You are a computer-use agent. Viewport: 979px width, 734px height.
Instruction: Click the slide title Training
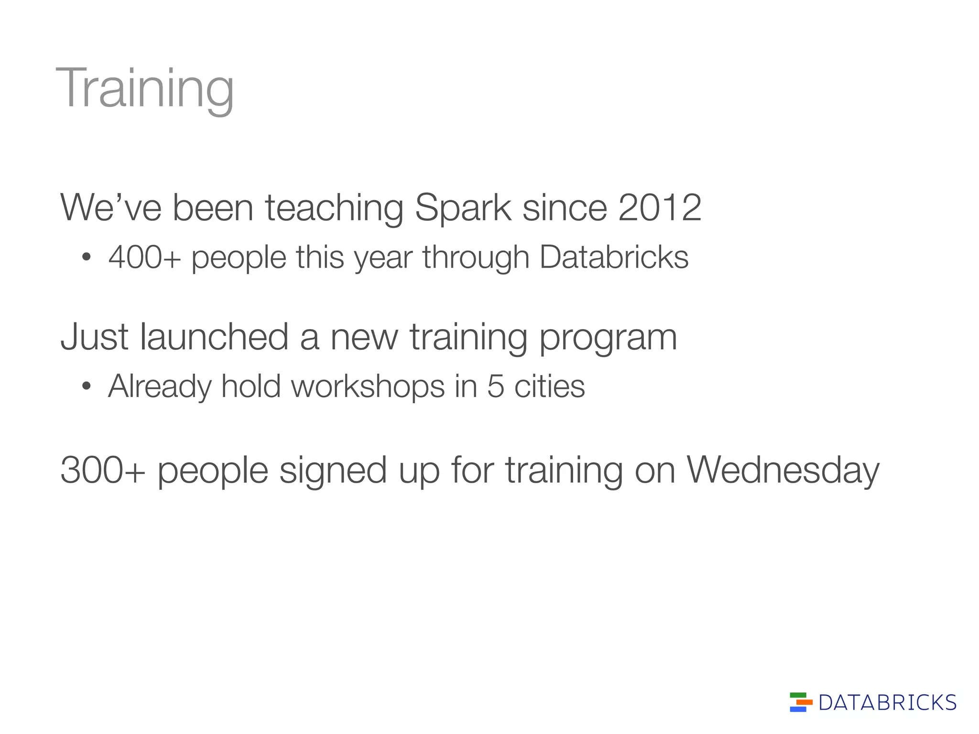click(x=145, y=88)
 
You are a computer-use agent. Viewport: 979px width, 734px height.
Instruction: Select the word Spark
click(x=463, y=209)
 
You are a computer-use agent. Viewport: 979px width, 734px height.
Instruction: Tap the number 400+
click(x=144, y=258)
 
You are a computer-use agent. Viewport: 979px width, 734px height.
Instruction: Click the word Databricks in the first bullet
click(x=614, y=258)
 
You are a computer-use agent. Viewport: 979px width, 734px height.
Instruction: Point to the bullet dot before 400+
click(x=86, y=258)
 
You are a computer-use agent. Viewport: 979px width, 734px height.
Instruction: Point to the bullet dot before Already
click(x=86, y=386)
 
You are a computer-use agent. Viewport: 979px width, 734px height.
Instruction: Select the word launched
click(x=214, y=337)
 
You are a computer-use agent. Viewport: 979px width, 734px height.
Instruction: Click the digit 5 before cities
click(x=496, y=386)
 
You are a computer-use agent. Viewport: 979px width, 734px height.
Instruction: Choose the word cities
click(x=549, y=386)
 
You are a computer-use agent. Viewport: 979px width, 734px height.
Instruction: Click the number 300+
click(x=102, y=471)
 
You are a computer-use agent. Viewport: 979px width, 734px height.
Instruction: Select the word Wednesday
click(x=783, y=471)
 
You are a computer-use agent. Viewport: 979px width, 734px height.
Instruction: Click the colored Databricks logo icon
click(x=801, y=702)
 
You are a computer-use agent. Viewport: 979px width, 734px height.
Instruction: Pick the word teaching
click(x=334, y=209)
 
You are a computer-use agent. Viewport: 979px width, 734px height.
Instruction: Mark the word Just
click(x=94, y=337)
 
